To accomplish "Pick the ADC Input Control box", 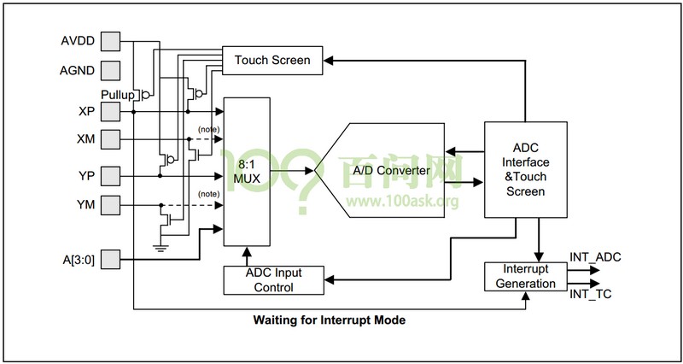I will (273, 279).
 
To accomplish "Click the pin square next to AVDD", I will (111, 40).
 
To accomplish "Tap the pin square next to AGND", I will (111, 71).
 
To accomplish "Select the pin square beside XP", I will (111, 111).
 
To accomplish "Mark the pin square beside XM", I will (111, 139).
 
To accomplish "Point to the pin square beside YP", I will (111, 176).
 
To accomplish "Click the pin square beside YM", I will (111, 204).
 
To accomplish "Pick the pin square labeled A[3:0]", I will (111, 259).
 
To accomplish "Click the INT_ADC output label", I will (596, 255).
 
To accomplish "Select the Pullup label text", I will (117, 94).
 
